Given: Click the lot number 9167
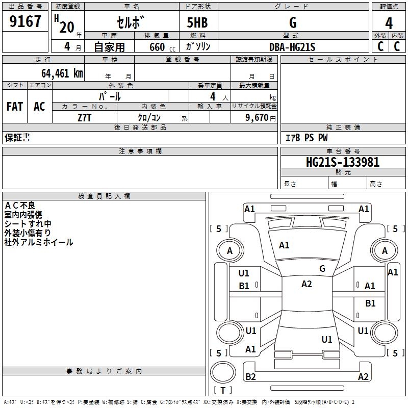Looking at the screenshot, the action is pyautogui.click(x=25, y=21).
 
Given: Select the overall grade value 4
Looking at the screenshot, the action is pyautogui.click(x=389, y=23).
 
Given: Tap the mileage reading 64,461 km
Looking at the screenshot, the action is pyautogui.click(x=62, y=73).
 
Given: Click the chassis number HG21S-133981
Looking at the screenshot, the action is pyautogui.click(x=343, y=162).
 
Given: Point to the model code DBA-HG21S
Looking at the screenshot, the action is pyautogui.click(x=292, y=47).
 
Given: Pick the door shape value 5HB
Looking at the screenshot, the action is pyautogui.click(x=197, y=22).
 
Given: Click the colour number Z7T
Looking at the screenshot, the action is pyautogui.click(x=84, y=118).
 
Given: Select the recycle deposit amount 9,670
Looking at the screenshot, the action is pyautogui.click(x=257, y=118).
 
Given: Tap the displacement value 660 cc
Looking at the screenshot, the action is pyautogui.click(x=162, y=47).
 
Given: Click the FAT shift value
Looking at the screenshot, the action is pyautogui.click(x=15, y=107).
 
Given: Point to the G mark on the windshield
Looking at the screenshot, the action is pyautogui.click(x=322, y=269).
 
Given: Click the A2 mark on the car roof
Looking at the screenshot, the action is pyautogui.click(x=307, y=284).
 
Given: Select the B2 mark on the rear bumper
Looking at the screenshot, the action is pyautogui.click(x=250, y=376).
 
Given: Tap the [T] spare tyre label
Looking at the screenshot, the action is pyautogui.click(x=223, y=390).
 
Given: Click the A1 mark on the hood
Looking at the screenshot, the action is pyautogui.click(x=284, y=245).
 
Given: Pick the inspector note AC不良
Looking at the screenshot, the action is pyautogui.click(x=20, y=206).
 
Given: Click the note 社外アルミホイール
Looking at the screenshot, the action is pyautogui.click(x=39, y=242).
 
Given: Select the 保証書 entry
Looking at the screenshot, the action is pyautogui.click(x=17, y=138).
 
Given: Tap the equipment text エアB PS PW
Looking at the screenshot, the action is pyautogui.click(x=307, y=138).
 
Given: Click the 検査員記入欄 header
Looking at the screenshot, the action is pyautogui.click(x=104, y=196).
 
